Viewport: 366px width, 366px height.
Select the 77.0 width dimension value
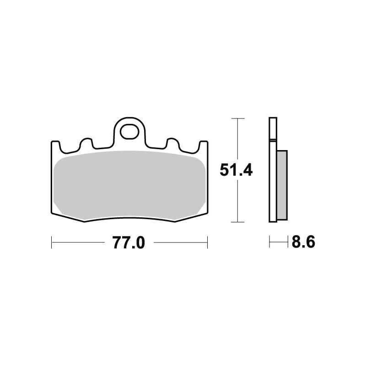point(129,243)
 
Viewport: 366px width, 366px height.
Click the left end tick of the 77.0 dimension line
point(52,243)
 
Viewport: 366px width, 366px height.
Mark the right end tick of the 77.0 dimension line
point(207,243)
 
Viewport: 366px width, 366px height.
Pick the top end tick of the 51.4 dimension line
point(236,118)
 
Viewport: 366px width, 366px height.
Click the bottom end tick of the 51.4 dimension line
point(236,222)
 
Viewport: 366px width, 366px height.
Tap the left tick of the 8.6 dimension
point(269,242)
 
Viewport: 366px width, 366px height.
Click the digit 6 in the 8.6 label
point(309,242)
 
